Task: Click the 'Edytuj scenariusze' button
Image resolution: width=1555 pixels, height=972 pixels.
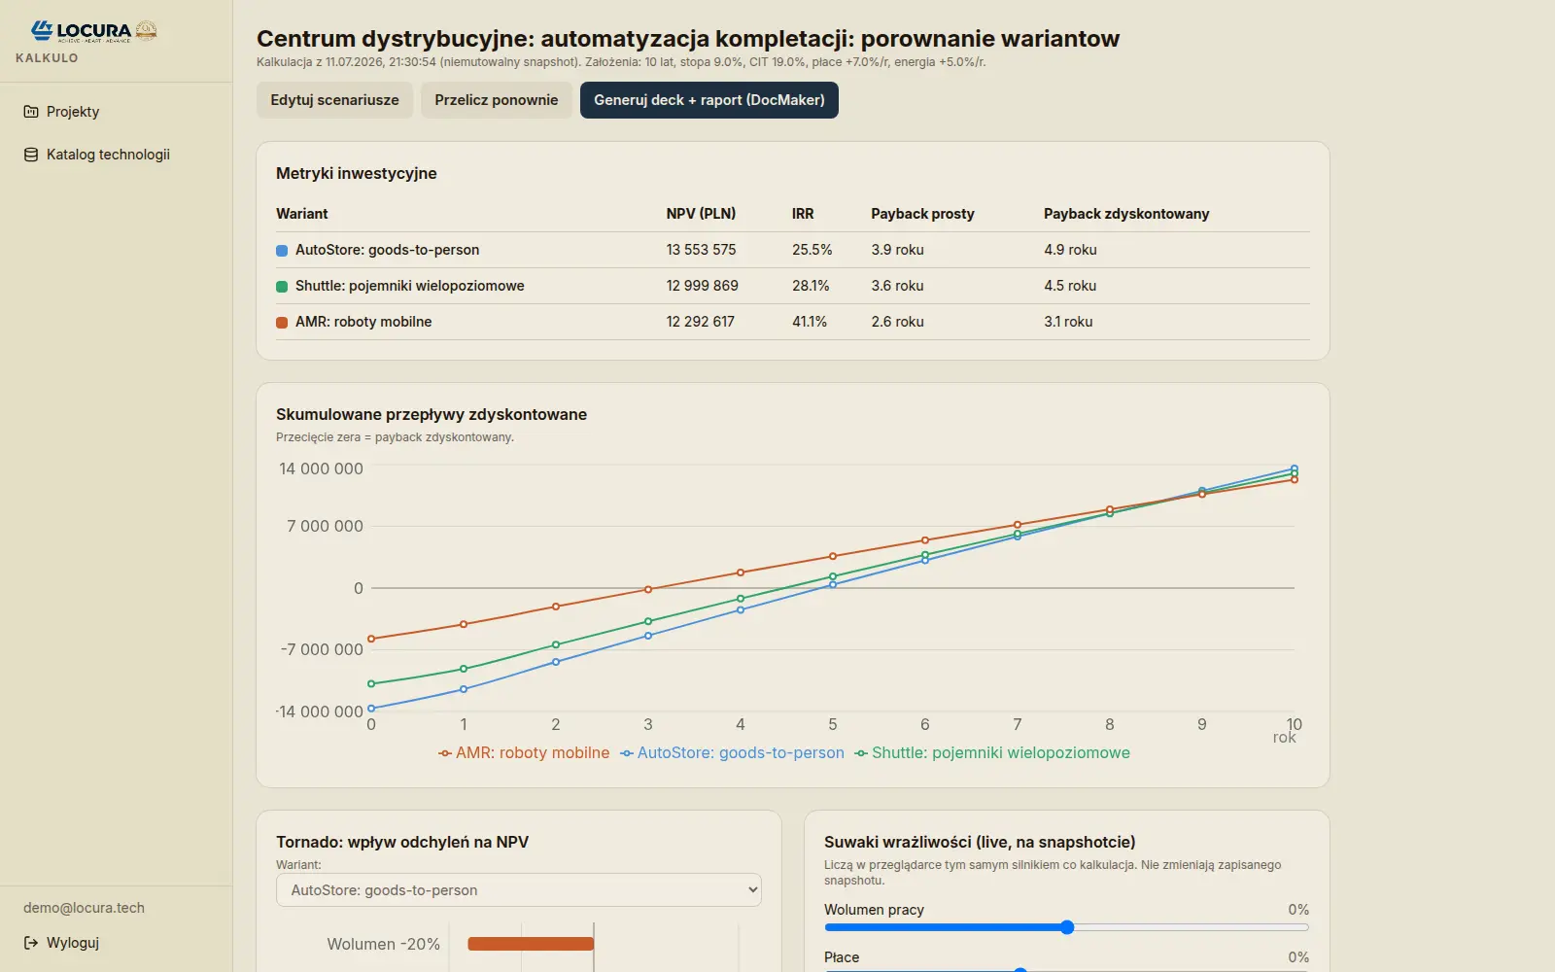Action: (x=334, y=100)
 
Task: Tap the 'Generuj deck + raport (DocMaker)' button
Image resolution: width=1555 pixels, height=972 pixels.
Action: (x=708, y=100)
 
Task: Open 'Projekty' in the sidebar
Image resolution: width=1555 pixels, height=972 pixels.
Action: (x=72, y=112)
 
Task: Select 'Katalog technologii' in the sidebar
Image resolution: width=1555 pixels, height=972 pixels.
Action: (x=108, y=155)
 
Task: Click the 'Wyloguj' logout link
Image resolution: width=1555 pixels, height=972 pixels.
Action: (x=72, y=943)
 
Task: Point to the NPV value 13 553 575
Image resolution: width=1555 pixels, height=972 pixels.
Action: (x=701, y=250)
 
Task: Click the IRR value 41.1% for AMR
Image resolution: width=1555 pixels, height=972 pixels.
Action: (x=810, y=322)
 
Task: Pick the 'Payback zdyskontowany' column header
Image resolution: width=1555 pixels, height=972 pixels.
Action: (x=1126, y=214)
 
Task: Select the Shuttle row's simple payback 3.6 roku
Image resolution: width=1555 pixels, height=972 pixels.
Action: (x=897, y=286)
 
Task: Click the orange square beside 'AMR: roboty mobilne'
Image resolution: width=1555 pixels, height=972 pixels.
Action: (x=282, y=322)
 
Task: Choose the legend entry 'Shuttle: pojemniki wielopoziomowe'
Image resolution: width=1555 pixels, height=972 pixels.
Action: (x=992, y=752)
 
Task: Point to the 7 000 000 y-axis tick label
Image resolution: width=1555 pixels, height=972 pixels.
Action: (x=325, y=526)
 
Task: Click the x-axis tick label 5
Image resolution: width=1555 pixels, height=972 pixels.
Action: (x=832, y=725)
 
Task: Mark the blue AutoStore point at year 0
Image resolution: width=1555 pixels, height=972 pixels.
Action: (x=371, y=709)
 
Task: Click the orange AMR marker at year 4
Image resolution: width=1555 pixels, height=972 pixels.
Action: (x=740, y=573)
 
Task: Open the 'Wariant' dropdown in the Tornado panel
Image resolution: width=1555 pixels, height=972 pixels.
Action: (x=519, y=890)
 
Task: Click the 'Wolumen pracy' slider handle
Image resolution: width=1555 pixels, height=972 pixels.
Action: (x=1067, y=927)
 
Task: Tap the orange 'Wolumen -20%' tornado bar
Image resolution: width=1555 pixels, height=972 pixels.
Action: (x=531, y=944)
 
